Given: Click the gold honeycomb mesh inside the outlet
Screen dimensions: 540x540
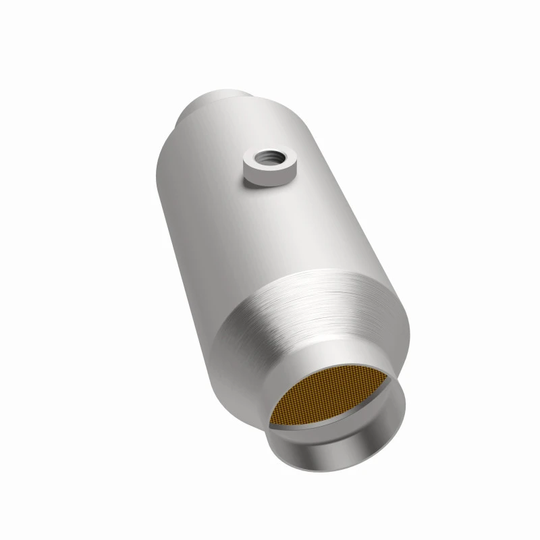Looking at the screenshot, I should tap(331, 398).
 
